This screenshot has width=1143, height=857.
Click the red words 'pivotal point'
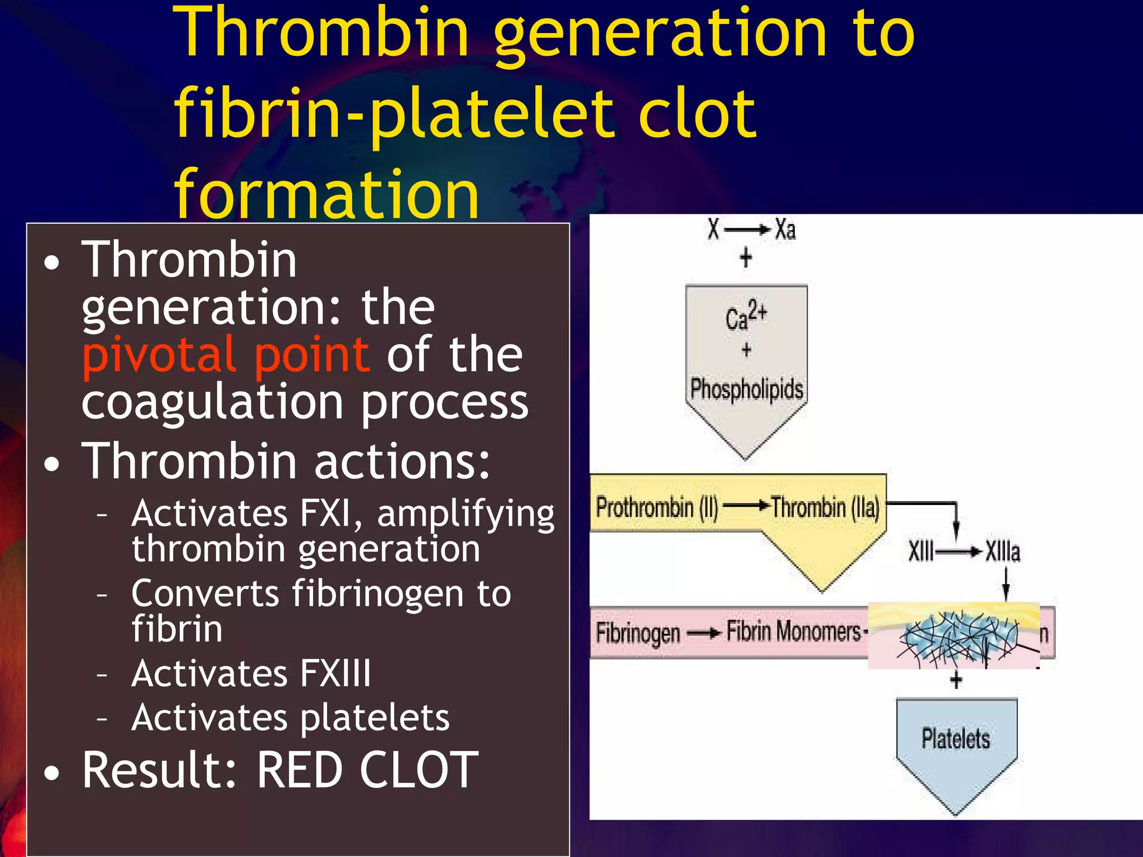(225, 355)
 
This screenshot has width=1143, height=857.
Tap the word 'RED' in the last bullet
(299, 771)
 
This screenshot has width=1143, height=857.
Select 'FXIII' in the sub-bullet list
(335, 673)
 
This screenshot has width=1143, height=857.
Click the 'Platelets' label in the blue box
(955, 739)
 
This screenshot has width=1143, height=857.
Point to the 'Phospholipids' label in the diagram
(746, 389)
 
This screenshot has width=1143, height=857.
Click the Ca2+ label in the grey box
(746, 316)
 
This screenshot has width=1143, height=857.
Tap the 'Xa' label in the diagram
(785, 230)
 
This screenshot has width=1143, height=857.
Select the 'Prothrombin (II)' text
(657, 508)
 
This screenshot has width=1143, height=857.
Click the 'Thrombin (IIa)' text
(825, 508)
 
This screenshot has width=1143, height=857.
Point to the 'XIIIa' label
(1002, 552)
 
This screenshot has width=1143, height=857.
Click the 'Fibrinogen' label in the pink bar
(637, 633)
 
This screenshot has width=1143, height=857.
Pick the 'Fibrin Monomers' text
(793, 632)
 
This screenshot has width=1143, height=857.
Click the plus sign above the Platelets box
(956, 680)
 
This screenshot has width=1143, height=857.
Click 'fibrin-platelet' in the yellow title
(393, 114)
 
